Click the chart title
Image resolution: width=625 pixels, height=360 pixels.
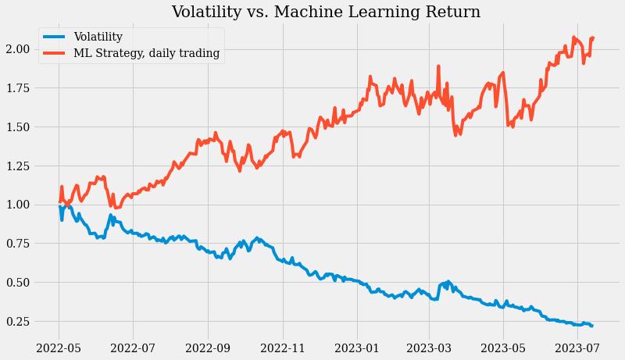click(326, 12)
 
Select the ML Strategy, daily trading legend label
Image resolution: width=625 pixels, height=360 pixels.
click(146, 54)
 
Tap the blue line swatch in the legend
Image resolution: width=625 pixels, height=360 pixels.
click(54, 37)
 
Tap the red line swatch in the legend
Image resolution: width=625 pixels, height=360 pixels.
click(54, 54)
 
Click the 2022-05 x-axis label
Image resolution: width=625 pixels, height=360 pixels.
click(59, 345)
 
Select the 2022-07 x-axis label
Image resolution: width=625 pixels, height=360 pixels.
click(133, 345)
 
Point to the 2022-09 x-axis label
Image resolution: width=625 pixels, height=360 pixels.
click(209, 345)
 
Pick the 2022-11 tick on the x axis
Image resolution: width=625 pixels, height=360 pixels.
click(283, 345)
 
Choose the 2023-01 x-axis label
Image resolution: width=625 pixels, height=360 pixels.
click(357, 345)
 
